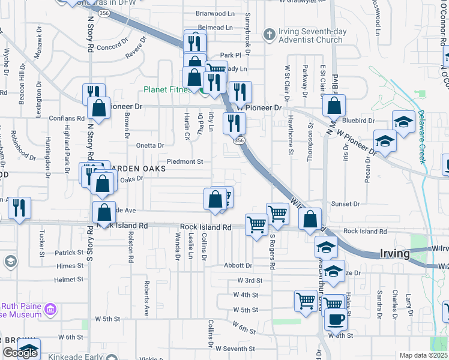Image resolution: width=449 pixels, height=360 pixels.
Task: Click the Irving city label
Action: tap(395, 253)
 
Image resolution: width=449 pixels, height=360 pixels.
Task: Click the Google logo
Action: tap(19, 353)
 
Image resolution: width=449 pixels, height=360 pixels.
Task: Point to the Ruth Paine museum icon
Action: tap(50, 311)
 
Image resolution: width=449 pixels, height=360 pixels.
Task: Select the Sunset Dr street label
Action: tap(345, 204)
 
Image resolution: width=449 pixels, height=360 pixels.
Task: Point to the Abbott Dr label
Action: tap(238, 265)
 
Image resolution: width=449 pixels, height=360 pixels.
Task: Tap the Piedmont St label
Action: tap(185, 161)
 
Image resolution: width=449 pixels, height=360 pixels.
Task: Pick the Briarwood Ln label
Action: tap(214, 13)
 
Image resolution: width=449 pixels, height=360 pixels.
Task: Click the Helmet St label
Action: tap(68, 280)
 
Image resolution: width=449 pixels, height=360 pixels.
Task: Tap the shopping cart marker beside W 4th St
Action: tap(306, 300)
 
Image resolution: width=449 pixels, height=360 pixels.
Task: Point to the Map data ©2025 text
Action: tap(423, 355)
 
